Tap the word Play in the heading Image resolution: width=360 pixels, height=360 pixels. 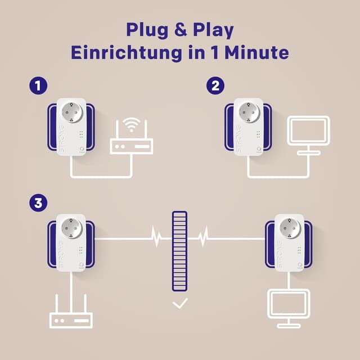point(213,29)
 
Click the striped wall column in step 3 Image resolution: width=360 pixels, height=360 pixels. point(179,251)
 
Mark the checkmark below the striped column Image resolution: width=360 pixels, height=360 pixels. point(180,304)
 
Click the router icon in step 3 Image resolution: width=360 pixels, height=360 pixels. point(71,319)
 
